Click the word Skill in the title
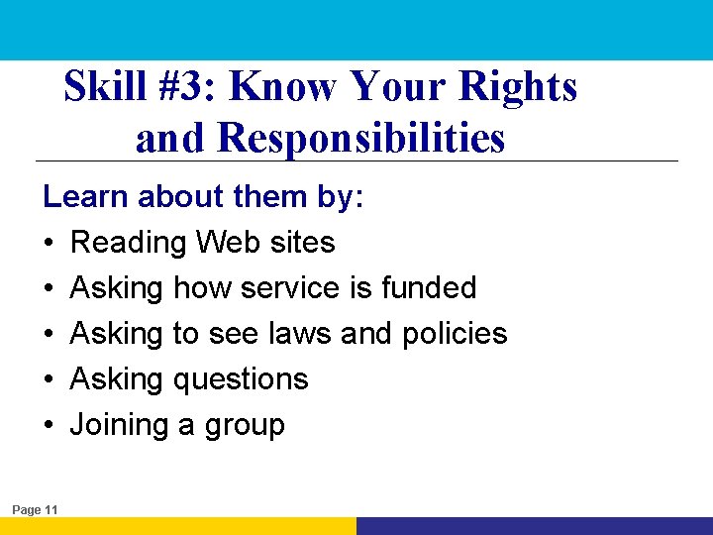(x=104, y=88)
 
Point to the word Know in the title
(x=279, y=88)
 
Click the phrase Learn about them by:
(x=204, y=196)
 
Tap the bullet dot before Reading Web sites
(x=49, y=243)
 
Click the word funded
(x=429, y=287)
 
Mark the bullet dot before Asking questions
(x=49, y=379)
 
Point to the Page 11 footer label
(x=36, y=509)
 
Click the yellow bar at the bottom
(x=178, y=526)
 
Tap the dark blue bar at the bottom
(x=535, y=526)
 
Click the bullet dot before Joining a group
(x=49, y=425)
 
